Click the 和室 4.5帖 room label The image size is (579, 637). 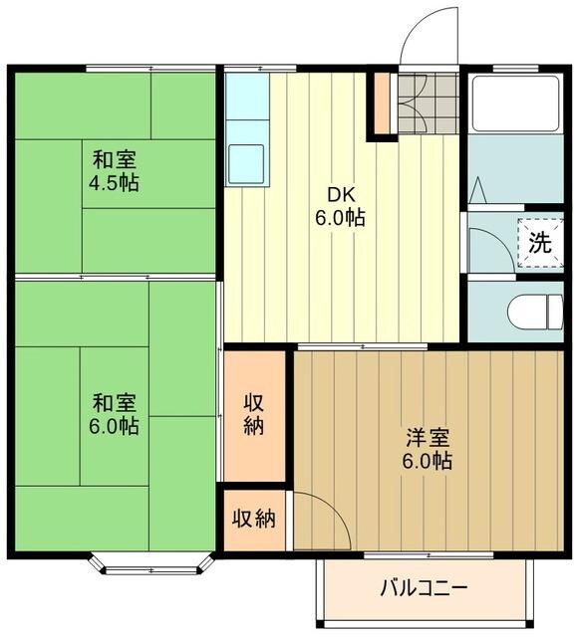pos(116,170)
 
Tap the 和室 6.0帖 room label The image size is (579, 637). pos(116,414)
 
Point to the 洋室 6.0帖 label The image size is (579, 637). pos(429,449)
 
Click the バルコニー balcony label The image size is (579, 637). pos(423,587)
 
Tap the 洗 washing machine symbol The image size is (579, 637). pos(539,241)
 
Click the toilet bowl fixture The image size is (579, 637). pos(533,313)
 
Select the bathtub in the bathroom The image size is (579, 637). pos(515,103)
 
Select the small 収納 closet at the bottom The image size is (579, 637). pos(255,520)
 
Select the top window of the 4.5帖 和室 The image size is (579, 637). pos(149,68)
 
